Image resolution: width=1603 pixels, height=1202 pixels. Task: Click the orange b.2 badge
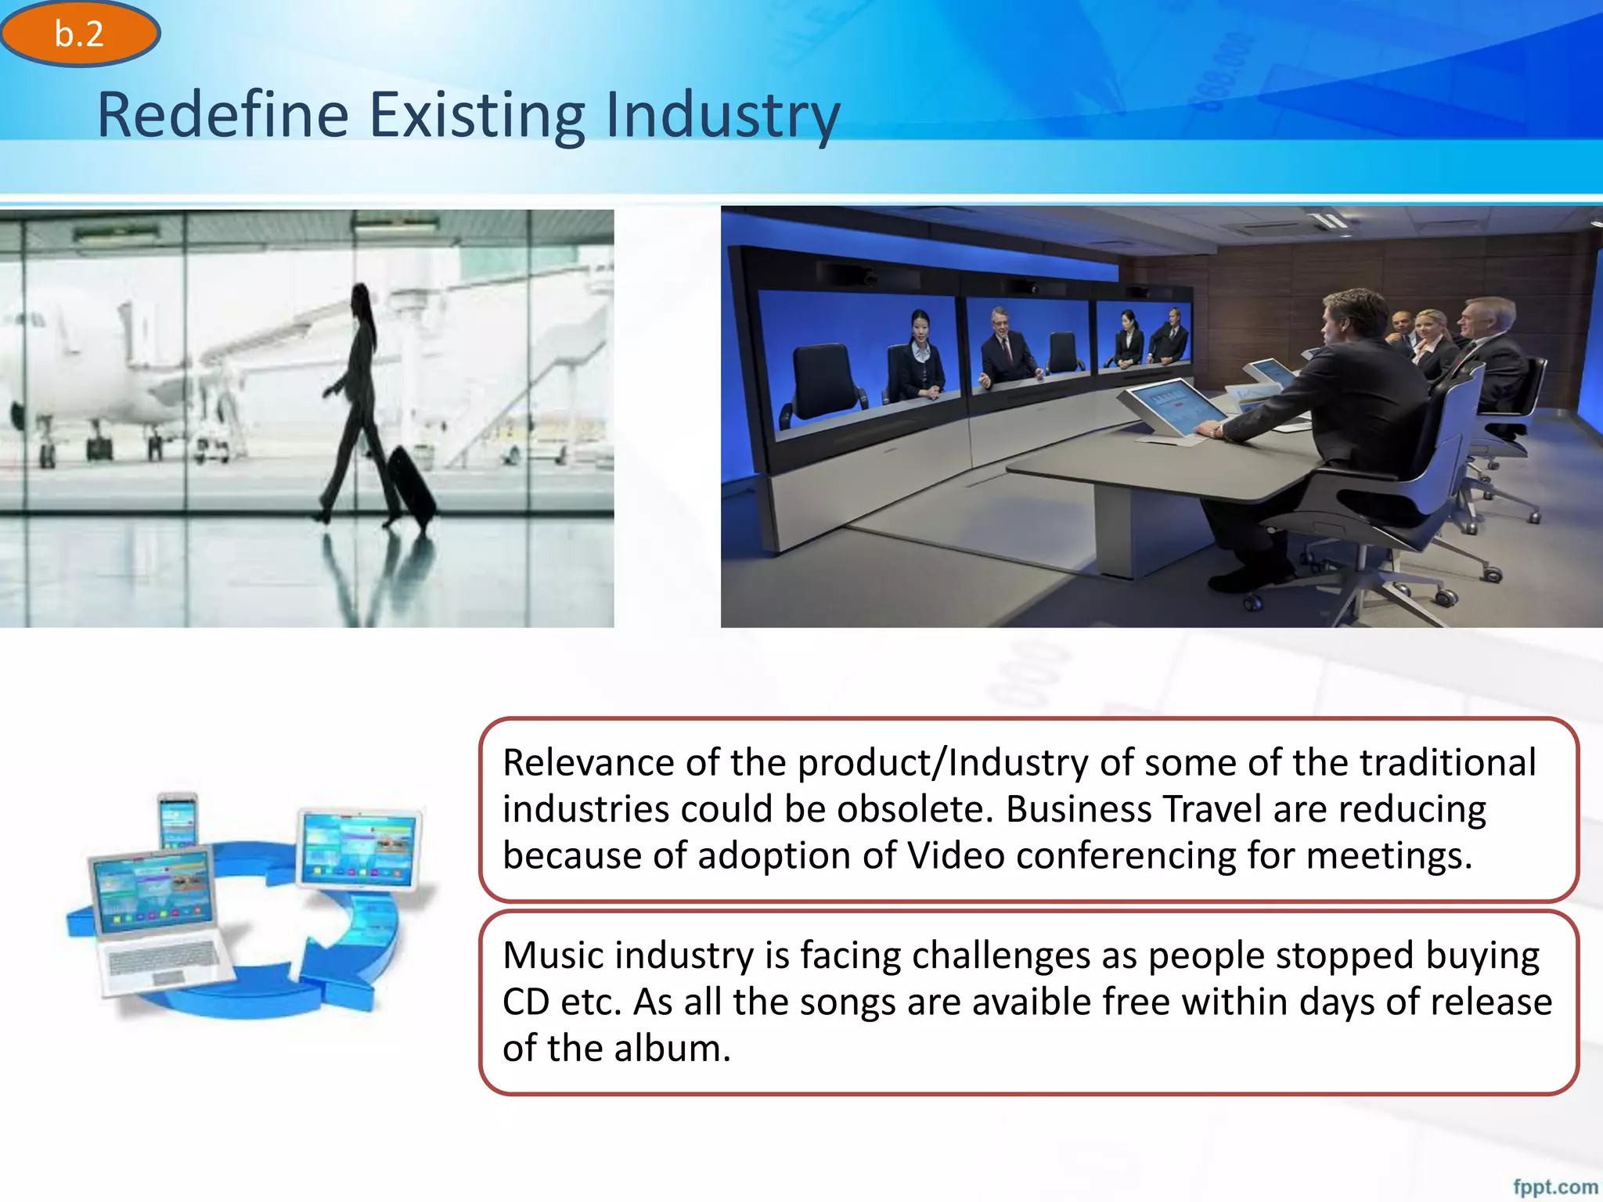(80, 34)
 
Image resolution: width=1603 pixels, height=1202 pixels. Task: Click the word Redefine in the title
(222, 115)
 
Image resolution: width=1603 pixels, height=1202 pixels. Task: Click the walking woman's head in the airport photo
(361, 298)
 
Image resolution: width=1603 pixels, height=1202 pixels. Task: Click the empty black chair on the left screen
(822, 376)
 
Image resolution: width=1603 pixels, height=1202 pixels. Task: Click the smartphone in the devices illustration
(178, 820)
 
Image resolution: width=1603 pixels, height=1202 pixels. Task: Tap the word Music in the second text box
(553, 955)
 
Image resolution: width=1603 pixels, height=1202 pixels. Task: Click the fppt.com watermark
(1554, 1186)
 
